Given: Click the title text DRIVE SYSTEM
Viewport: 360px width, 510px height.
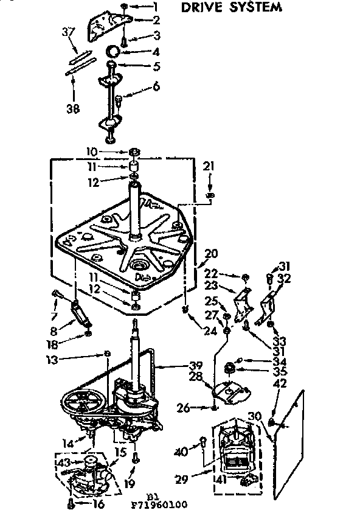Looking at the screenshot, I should click(233, 8).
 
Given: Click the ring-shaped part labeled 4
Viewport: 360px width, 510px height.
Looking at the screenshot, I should click(114, 51).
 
